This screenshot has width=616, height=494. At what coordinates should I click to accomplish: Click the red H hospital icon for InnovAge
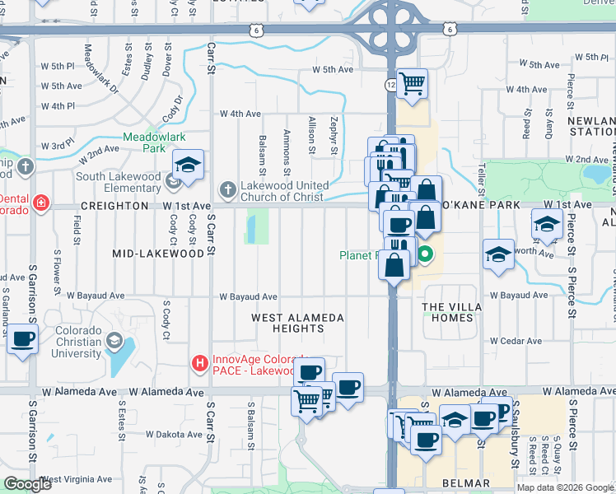[x=199, y=362]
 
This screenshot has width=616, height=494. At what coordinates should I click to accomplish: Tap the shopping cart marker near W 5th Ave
[x=412, y=82]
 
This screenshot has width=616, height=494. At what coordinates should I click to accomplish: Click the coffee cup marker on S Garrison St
[x=23, y=338]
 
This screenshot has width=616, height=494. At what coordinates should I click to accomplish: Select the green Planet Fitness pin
[x=425, y=254]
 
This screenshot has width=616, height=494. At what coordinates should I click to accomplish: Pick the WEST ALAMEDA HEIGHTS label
[x=296, y=323]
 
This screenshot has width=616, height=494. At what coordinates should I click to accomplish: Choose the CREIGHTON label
[x=114, y=206]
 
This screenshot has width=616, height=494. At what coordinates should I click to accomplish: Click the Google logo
[x=27, y=484]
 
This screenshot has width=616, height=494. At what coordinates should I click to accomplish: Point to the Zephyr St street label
[x=334, y=135]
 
